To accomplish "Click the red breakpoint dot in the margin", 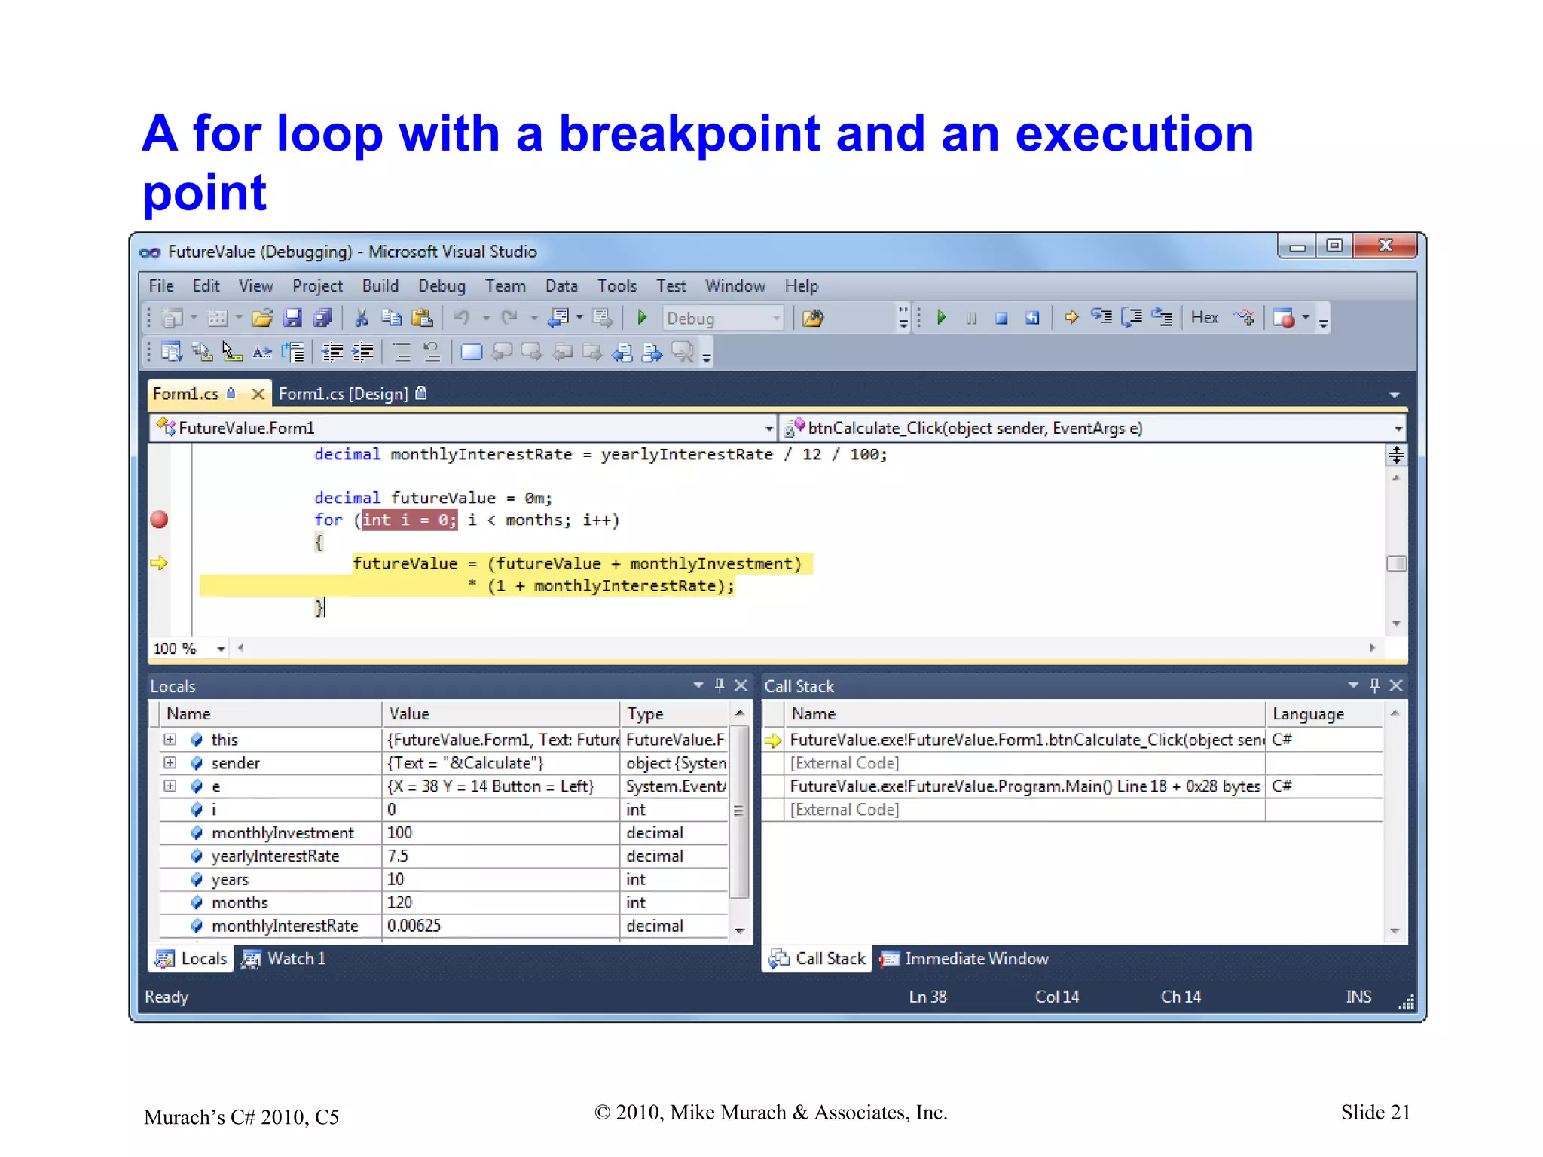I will pos(159,520).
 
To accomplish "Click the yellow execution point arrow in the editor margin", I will pos(159,563).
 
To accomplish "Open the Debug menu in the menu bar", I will pos(442,286).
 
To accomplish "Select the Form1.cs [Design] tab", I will pos(344,394).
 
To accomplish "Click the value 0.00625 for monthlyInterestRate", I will pos(414,926).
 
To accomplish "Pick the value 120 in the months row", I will pos(399,902).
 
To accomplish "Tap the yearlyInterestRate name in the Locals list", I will pos(275,856).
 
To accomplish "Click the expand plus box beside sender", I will pos(170,763).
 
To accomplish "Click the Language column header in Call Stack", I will pos(1308,714).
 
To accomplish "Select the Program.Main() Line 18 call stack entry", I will pos(1024,786).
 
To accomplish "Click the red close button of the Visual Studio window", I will pos(1385,246).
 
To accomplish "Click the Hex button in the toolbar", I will pos(1204,318).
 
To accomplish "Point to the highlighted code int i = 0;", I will pos(409,520).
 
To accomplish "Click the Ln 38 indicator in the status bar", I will pos(927,997).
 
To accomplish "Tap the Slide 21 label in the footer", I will pos(1375,1113).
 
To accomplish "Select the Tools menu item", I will pos(617,286).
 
